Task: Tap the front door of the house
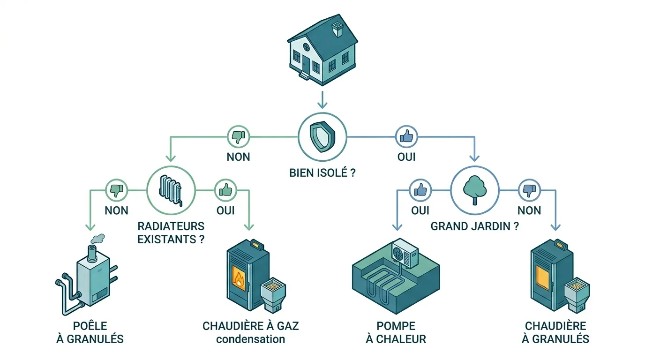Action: click(306, 66)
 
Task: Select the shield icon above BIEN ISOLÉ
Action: click(322, 136)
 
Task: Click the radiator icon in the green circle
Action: click(170, 191)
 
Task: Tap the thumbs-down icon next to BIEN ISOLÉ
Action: click(239, 137)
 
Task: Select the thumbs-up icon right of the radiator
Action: click(225, 190)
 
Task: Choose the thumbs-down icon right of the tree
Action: click(529, 190)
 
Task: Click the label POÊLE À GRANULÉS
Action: click(90, 332)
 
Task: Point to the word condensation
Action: click(250, 339)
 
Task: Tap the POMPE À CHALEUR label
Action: click(396, 332)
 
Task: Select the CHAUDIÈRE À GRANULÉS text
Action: click(555, 332)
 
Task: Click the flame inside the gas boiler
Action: click(240, 279)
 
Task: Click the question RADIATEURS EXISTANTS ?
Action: click(171, 232)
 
